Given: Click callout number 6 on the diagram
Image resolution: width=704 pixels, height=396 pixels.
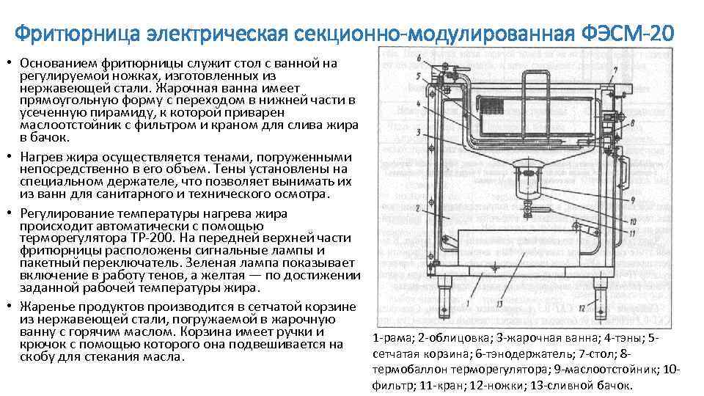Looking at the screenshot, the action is click(x=418, y=57).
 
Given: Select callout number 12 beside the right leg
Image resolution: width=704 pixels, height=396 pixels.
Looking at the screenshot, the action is click(x=581, y=307).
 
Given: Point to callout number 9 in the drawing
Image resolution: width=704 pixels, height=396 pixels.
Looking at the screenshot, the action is click(x=631, y=199).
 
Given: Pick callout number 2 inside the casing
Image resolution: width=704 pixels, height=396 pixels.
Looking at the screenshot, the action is click(x=418, y=208).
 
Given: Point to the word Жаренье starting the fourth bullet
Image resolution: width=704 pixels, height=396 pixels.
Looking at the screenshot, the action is click(x=47, y=307).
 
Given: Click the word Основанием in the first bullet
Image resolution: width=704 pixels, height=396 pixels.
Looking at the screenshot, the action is click(x=59, y=63).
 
